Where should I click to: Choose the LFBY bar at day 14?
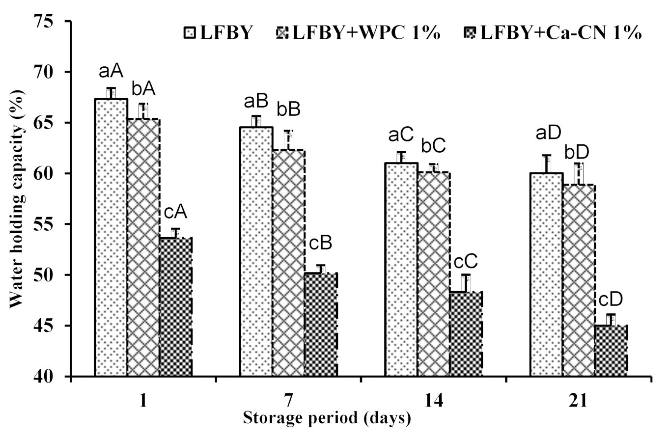[401, 270]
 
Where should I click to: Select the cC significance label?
[467, 261]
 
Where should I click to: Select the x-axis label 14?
[433, 401]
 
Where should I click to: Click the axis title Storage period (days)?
[326, 419]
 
